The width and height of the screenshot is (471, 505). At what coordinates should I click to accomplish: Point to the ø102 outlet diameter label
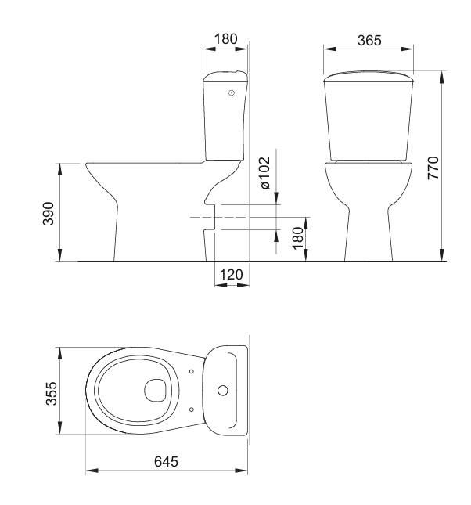[x=264, y=174]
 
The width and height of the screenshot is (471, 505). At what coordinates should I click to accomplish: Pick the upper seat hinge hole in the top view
[x=192, y=370]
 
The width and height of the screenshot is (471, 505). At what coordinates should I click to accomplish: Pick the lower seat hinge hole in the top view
[x=192, y=408]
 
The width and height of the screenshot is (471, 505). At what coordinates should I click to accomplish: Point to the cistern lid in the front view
[x=367, y=76]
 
